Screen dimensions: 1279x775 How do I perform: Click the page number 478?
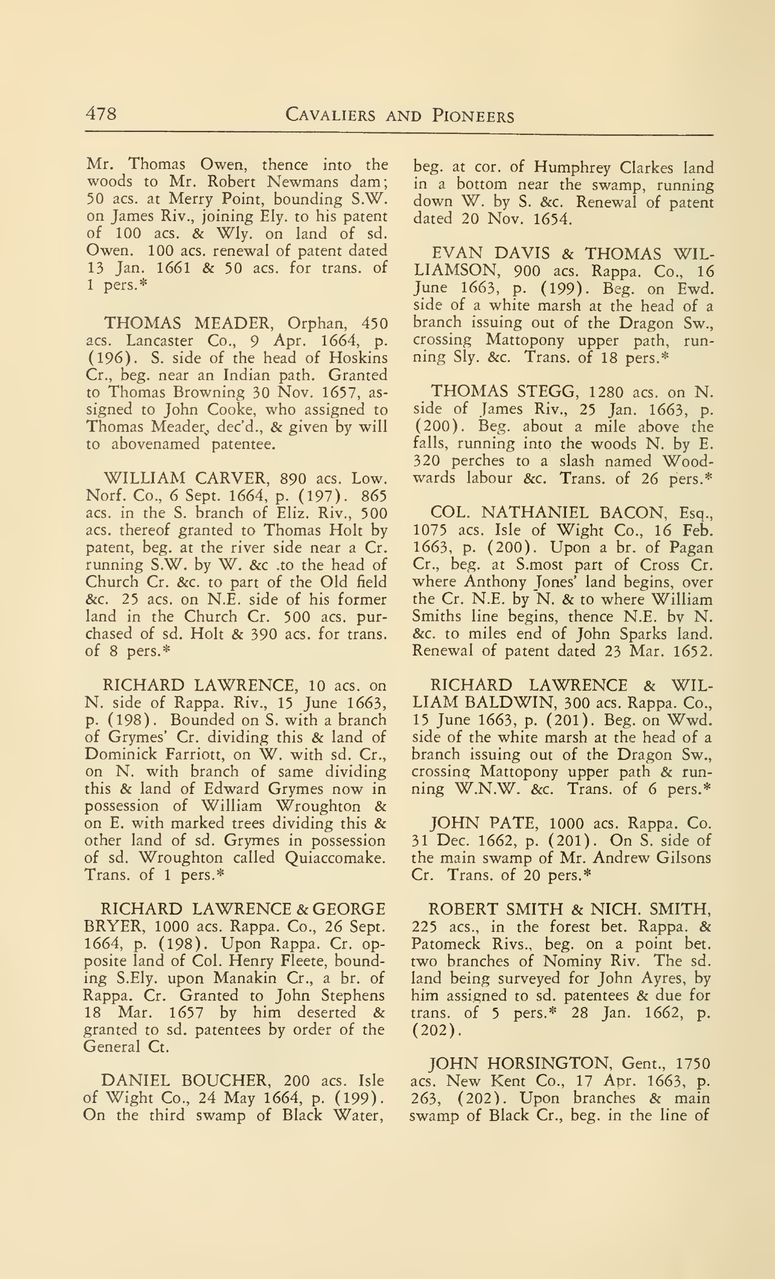point(101,113)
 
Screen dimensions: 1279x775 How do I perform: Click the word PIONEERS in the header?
point(473,116)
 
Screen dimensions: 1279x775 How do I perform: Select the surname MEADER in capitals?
point(234,323)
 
